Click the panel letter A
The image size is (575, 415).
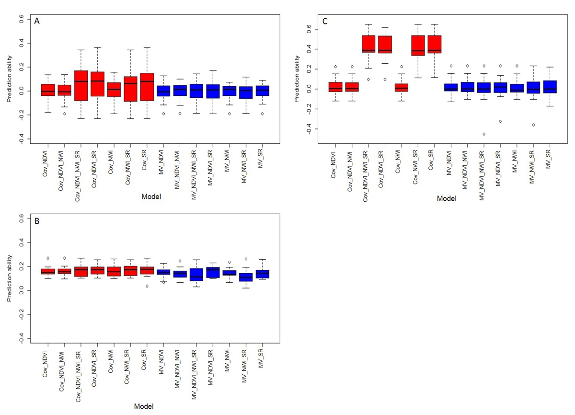37,21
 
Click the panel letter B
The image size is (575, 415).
37,222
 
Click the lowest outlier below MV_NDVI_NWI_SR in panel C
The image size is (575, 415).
484,134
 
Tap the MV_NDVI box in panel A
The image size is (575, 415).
163,91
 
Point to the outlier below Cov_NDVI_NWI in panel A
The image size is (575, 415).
65,114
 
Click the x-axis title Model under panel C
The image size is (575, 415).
446,199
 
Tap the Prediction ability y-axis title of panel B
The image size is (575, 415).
10,278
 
